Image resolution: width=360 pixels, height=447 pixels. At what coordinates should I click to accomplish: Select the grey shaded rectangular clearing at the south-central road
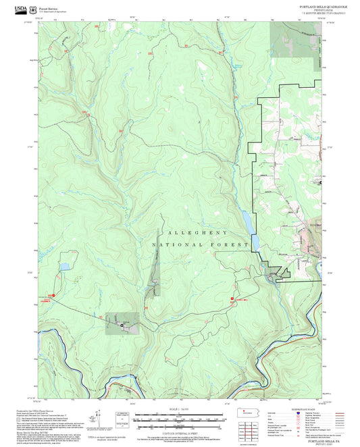pyautogui.click(x=123, y=323)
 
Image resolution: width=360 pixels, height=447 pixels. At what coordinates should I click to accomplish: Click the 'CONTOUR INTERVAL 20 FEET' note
pyautogui.click(x=180, y=433)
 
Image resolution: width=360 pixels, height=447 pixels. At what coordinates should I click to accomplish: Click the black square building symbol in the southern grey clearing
pyautogui.click(x=122, y=325)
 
